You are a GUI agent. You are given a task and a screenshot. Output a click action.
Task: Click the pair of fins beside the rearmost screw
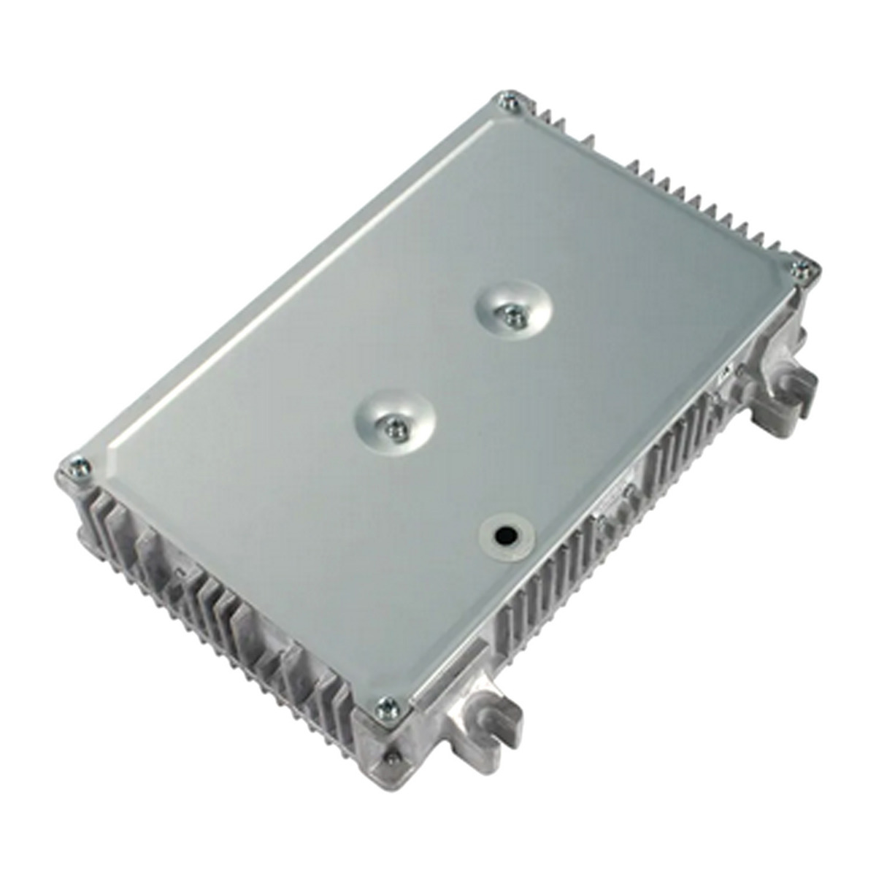pos(544,117)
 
